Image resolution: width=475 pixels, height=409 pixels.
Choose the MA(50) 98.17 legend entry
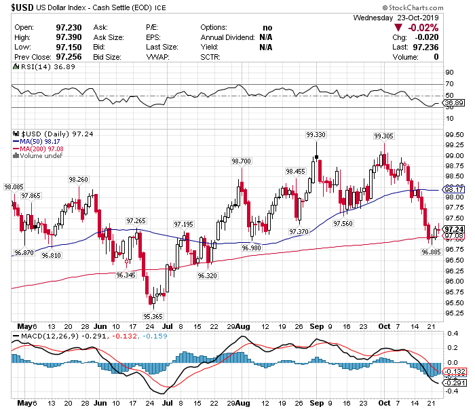pos(40,142)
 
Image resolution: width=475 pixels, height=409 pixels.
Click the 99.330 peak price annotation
pos(316,134)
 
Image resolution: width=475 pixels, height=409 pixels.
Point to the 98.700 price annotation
pos(242,161)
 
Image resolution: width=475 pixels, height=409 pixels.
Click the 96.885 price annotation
pos(431,252)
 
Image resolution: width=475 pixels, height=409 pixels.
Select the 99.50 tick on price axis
pos(453,134)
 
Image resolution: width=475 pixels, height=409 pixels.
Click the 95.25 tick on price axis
pos(453,313)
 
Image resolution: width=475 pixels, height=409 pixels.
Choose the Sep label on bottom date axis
pos(315,402)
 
